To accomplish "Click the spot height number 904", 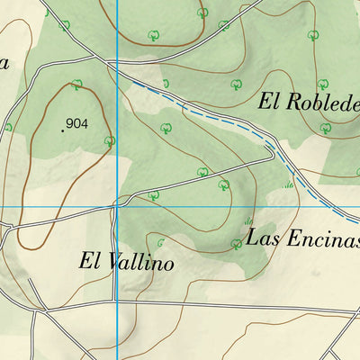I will (x=77, y=124).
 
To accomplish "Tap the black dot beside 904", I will (x=62, y=130).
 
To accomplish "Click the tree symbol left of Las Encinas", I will (x=236, y=243).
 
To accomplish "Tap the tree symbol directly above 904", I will (x=77, y=85).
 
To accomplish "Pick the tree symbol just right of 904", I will (x=109, y=140).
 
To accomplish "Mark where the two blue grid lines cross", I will (x=118, y=207).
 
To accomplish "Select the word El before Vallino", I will (x=89, y=263).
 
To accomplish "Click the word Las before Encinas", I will (x=263, y=239).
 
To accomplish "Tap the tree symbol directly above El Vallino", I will (x=162, y=243).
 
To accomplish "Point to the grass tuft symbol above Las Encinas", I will (x=249, y=220).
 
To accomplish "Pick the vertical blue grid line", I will (x=118, y=297).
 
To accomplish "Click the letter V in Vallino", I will (x=112, y=263).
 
